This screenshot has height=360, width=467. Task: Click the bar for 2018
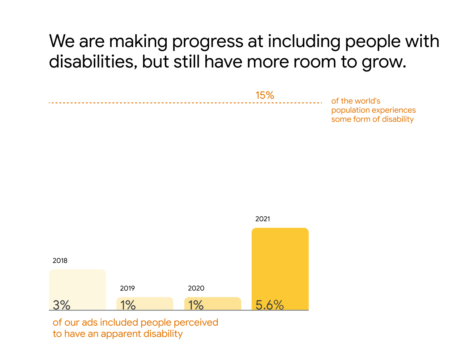77,284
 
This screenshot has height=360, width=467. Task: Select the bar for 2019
145,301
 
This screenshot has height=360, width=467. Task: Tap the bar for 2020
213,301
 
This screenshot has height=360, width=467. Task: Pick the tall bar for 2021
280,263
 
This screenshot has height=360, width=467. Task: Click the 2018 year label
60,261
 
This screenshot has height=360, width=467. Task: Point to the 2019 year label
127,289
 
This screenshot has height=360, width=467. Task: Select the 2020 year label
196,289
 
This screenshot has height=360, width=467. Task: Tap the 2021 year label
263,219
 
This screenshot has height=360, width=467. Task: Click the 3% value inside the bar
62,305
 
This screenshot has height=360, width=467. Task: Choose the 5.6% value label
270,305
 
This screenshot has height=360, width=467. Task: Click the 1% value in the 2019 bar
128,305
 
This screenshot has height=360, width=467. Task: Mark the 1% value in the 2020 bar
196,305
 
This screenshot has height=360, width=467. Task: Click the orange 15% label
265,95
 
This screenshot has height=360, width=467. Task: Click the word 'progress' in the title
208,41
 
